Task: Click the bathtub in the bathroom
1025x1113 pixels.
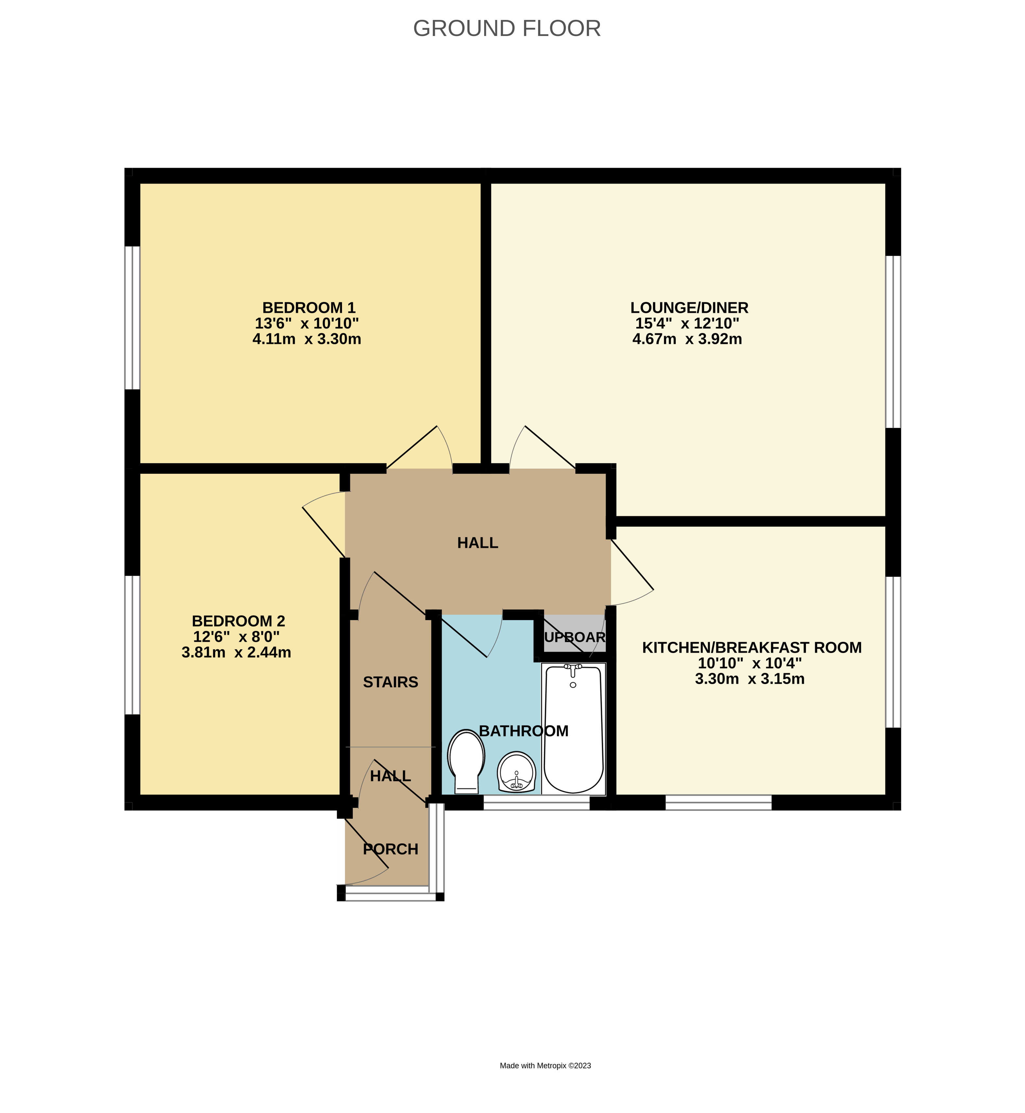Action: point(573,729)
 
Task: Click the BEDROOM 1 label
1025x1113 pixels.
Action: point(308,308)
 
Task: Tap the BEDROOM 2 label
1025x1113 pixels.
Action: point(238,621)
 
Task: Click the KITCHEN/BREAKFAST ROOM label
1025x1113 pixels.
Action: point(752,648)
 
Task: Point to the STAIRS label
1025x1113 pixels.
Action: point(390,682)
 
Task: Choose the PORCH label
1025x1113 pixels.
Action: point(390,849)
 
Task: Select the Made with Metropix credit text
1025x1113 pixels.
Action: point(545,1065)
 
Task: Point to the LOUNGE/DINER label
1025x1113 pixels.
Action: point(690,308)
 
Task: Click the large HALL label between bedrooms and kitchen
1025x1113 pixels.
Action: point(478,543)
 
